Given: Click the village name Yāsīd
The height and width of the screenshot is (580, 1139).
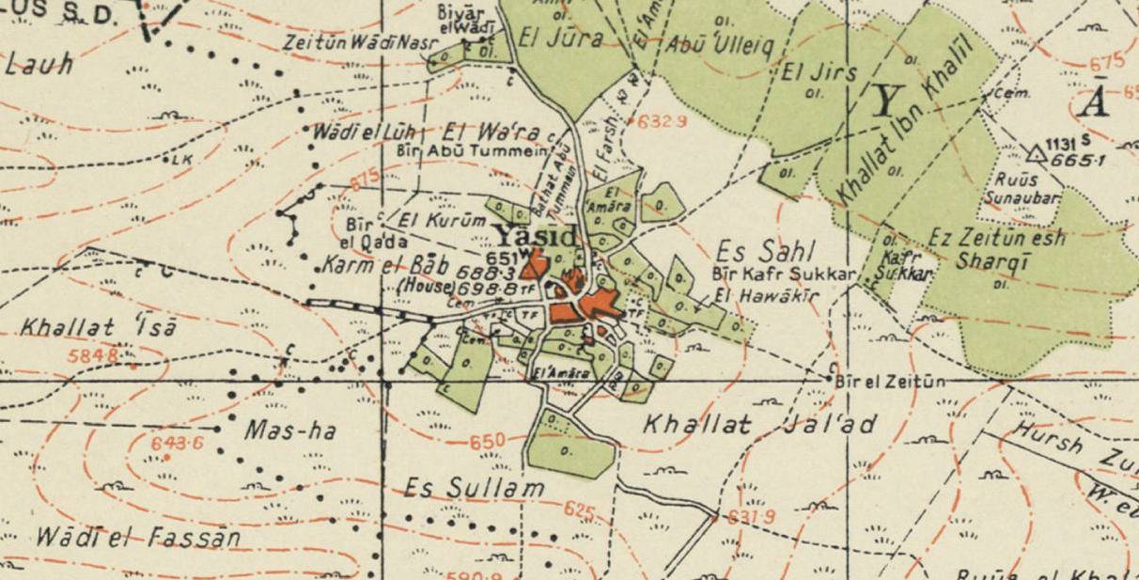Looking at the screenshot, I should pyautogui.click(x=536, y=237).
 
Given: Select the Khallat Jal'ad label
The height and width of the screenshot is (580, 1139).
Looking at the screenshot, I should pyautogui.click(x=759, y=425).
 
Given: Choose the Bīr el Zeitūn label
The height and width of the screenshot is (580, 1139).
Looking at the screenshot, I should pyautogui.click(x=890, y=380).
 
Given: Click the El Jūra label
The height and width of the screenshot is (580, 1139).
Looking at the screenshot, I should pyautogui.click(x=561, y=39).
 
